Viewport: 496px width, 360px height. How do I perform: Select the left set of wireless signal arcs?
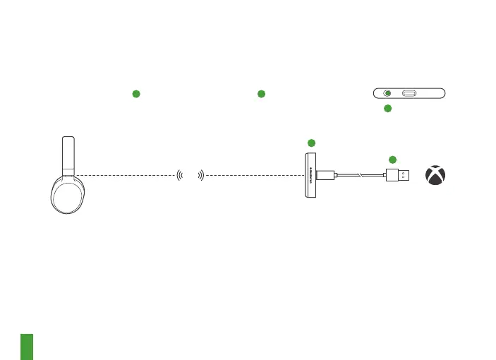pos(178,175)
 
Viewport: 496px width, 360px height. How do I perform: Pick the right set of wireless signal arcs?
pos(201,175)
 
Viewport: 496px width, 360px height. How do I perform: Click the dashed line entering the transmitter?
pos(254,175)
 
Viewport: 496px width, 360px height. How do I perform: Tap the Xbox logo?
pos(435,176)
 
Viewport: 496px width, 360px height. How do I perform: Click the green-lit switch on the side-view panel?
pos(387,93)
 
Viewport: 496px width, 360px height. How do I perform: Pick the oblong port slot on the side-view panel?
pos(409,93)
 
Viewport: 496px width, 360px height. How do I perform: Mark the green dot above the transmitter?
pos(311,143)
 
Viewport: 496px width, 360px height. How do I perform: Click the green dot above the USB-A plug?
pos(393,159)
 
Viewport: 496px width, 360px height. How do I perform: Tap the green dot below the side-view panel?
pos(387,108)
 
